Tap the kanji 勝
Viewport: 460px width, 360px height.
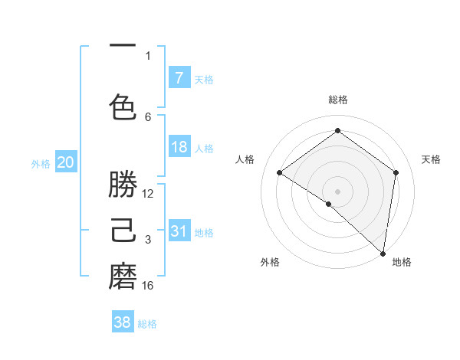click(123, 185)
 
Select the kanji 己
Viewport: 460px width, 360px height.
click(123, 231)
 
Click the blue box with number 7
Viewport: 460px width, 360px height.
click(179, 78)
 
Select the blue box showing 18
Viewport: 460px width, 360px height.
click(179, 147)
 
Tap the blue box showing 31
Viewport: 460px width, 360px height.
click(179, 231)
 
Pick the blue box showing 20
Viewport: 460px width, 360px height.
click(65, 162)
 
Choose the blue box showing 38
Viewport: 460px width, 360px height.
click(123, 322)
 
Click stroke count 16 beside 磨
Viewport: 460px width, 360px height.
click(148, 286)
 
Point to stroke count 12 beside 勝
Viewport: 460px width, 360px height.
click(148, 194)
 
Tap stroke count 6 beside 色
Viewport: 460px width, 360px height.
click(148, 116)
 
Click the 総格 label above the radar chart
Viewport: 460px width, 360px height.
click(337, 100)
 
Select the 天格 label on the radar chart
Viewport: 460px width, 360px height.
click(431, 159)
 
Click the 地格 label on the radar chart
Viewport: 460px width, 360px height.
click(402, 262)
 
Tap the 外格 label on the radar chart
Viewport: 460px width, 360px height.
click(270, 262)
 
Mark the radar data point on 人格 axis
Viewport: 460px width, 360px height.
click(280, 173)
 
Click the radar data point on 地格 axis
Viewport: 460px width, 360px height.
click(383, 253)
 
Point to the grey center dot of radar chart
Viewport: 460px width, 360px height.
click(337, 191)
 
